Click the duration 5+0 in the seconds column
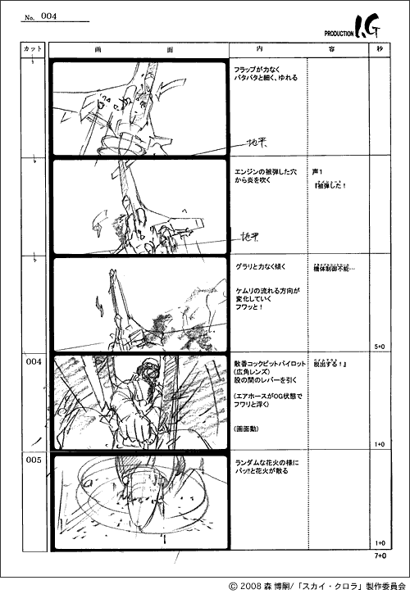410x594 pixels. [x=380, y=347]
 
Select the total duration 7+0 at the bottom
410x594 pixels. [x=380, y=556]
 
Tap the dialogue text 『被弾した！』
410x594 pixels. [x=331, y=185]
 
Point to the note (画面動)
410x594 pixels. [x=248, y=428]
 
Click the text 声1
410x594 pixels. [x=320, y=172]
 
